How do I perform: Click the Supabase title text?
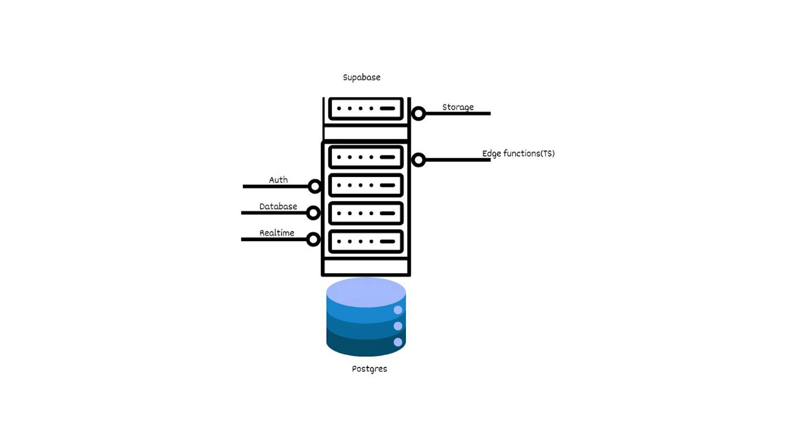tap(362, 77)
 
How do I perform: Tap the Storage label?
tap(458, 107)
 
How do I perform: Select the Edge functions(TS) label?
tap(518, 154)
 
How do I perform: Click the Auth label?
tap(278, 180)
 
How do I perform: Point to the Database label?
tap(278, 207)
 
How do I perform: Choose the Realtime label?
tap(277, 233)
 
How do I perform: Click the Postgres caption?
tap(369, 369)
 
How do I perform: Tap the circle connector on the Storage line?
tap(418, 114)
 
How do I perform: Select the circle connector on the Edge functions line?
tap(418, 160)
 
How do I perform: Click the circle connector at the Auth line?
tap(315, 186)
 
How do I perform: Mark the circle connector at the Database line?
tap(313, 213)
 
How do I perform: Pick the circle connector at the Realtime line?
tap(313, 239)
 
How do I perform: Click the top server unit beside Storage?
tap(366, 109)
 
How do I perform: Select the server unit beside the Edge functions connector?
tap(366, 157)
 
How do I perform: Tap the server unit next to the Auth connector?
tap(366, 185)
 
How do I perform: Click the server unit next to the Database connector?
tap(366, 213)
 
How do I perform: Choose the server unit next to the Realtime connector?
tap(366, 242)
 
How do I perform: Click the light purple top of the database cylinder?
tap(366, 292)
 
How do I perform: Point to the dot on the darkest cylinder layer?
tap(398, 342)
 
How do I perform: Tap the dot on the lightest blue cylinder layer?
tap(398, 310)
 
